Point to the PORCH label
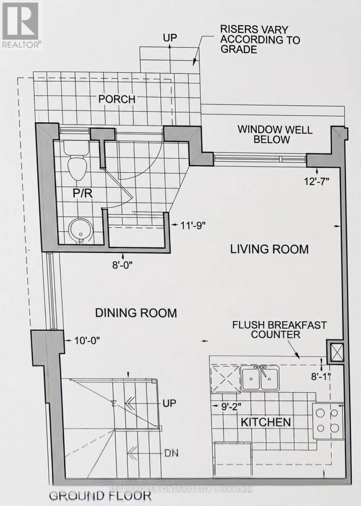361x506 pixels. click(x=117, y=99)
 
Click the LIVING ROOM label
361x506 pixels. click(x=269, y=249)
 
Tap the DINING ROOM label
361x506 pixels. click(x=136, y=313)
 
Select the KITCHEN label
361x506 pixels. click(x=266, y=422)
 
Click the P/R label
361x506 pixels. click(x=83, y=194)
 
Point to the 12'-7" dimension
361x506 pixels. click(x=316, y=181)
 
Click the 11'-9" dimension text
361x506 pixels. click(x=193, y=225)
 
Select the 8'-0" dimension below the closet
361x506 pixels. click(x=123, y=265)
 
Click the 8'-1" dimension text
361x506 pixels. click(x=321, y=377)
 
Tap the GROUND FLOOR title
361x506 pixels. click(x=100, y=496)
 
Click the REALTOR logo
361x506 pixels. click(x=21, y=25)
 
